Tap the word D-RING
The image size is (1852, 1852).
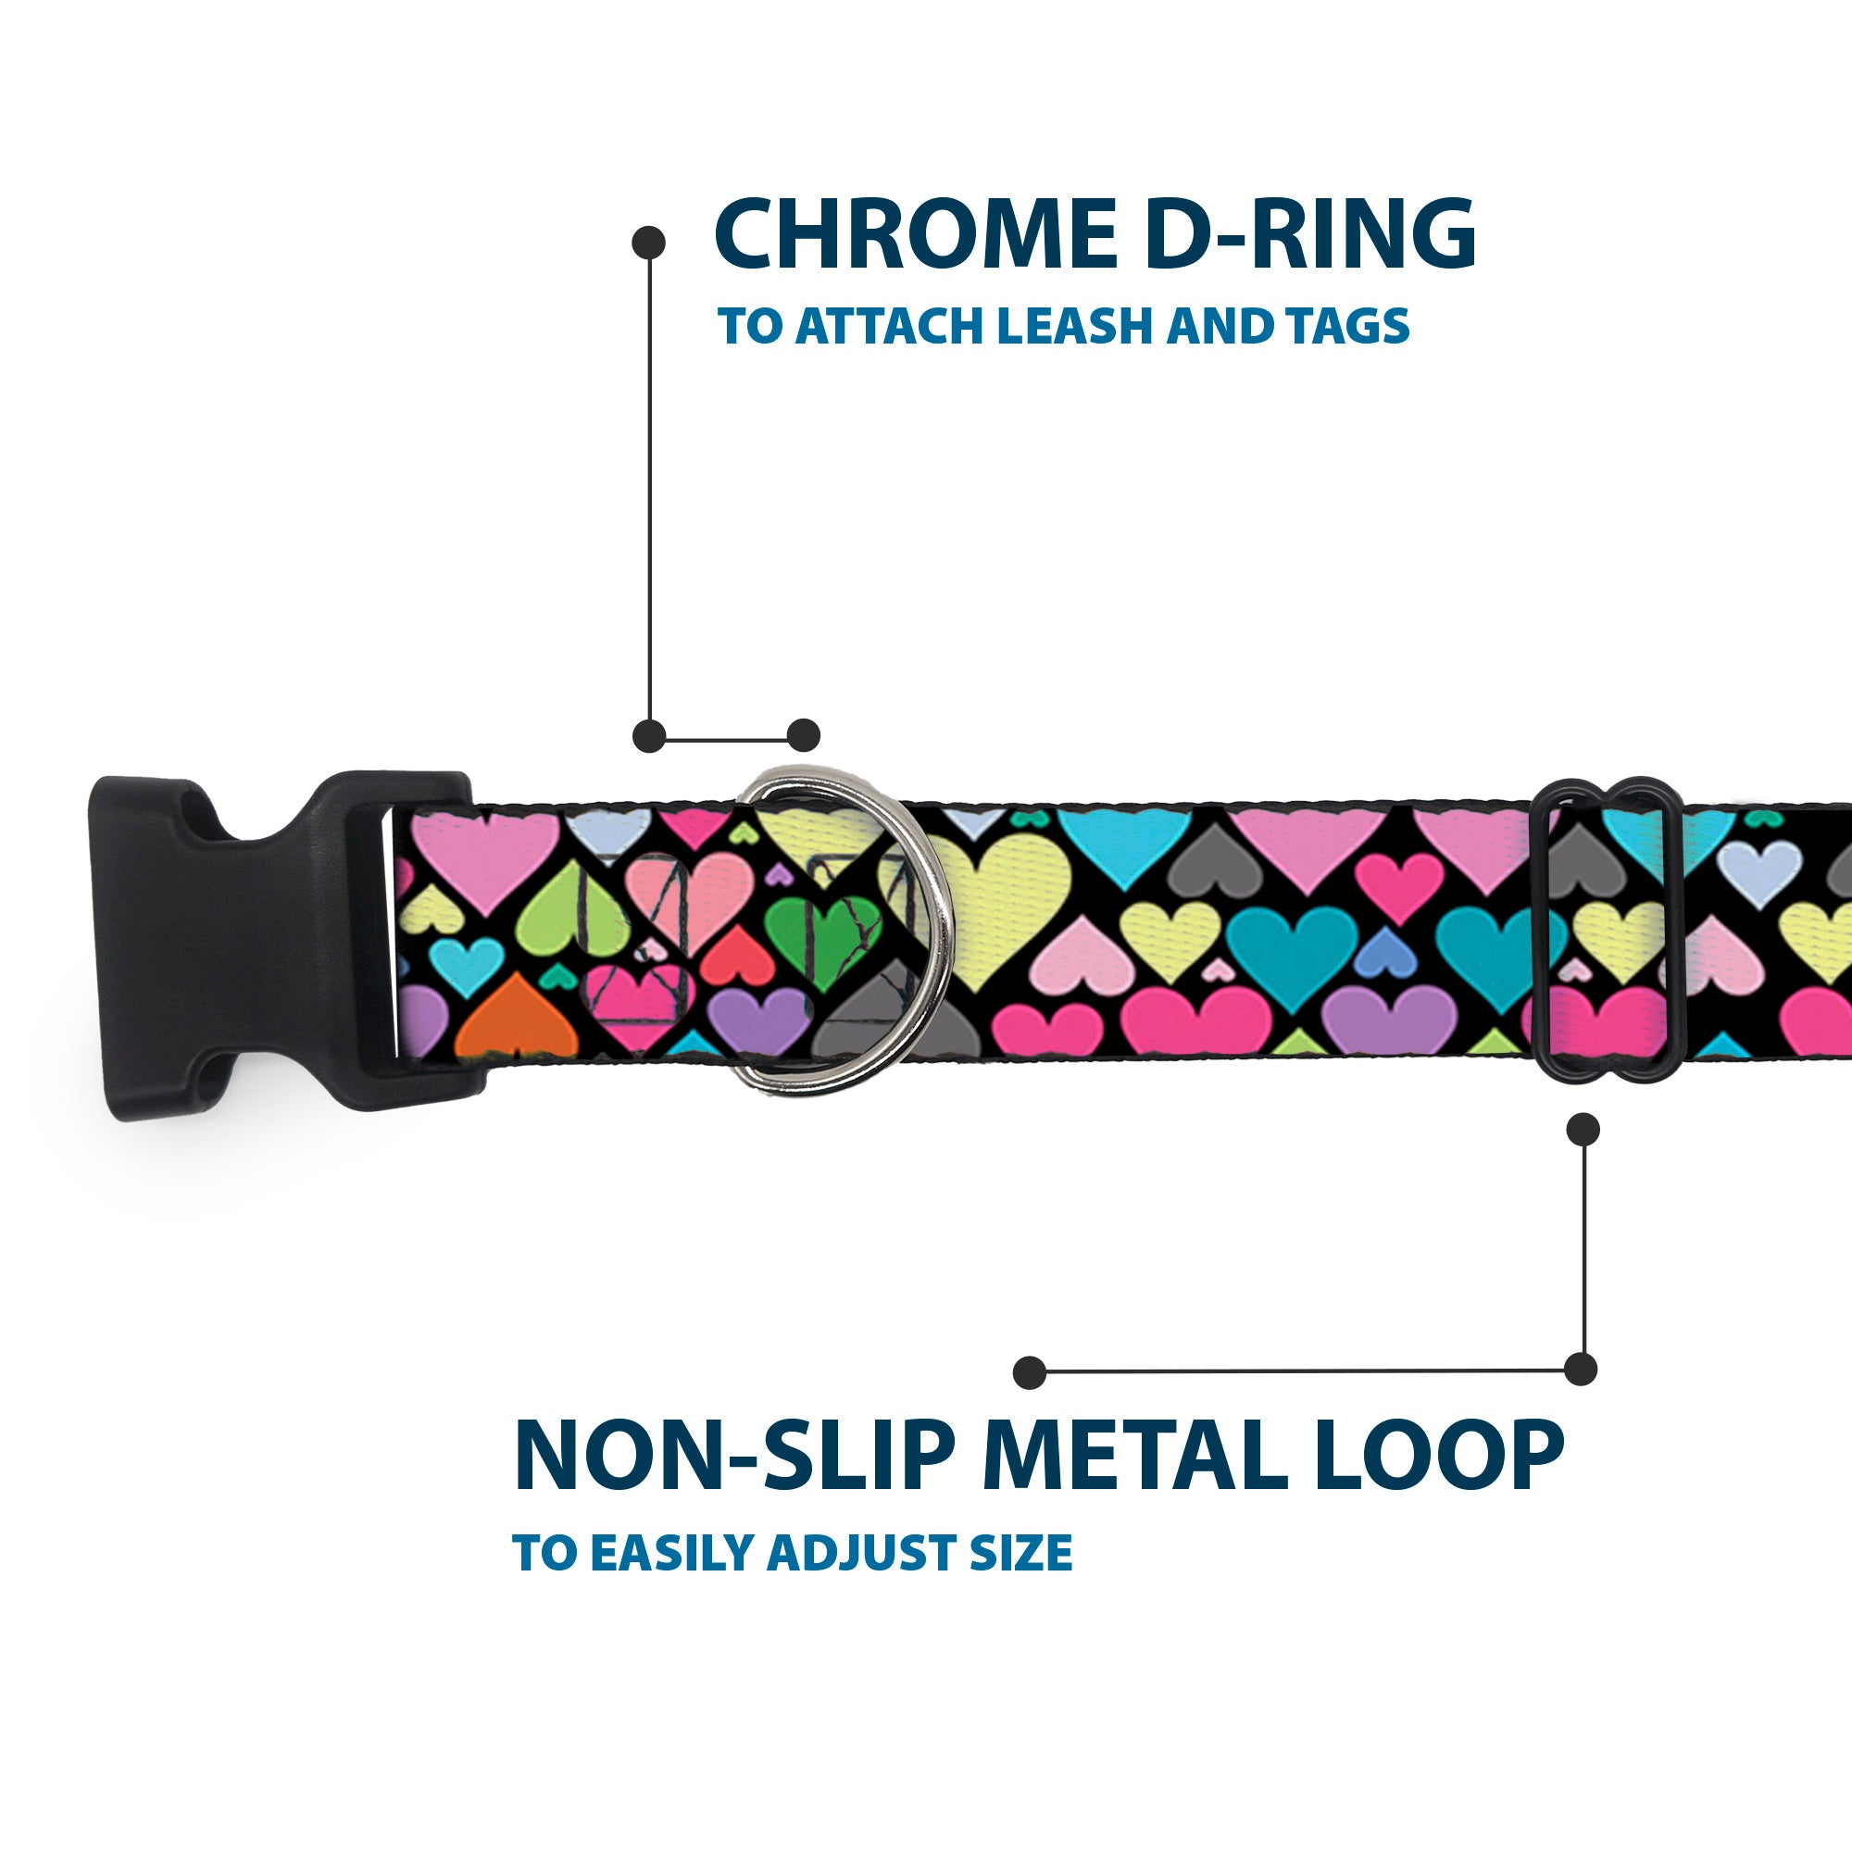pyautogui.click(x=1310, y=235)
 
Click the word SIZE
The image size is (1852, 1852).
pyautogui.click(x=1020, y=1554)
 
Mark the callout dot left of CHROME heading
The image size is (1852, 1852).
pyautogui.click(x=649, y=243)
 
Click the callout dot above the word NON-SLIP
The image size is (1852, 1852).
pyautogui.click(x=1029, y=1372)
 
